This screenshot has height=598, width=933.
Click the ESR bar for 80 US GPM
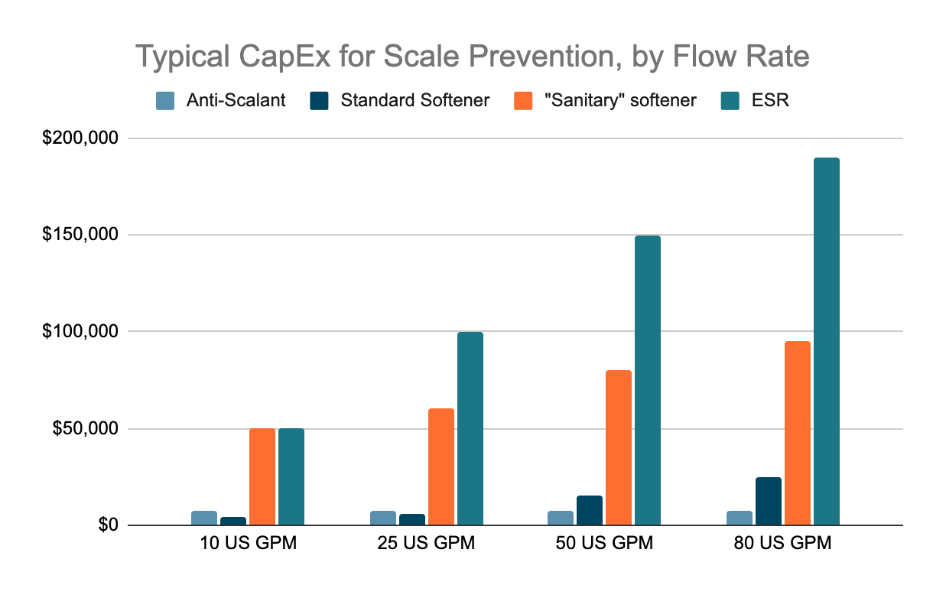[827, 342]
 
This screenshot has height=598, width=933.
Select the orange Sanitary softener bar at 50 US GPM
[619, 447]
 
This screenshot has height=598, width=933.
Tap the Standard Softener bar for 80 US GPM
[769, 502]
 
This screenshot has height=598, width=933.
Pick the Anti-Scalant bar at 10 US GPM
[204, 518]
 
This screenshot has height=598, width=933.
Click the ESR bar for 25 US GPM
[470, 428]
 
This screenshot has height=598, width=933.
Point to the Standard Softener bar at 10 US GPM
[233, 521]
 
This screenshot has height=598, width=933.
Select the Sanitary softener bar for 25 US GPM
[441, 466]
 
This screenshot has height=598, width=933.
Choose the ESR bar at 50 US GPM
[648, 380]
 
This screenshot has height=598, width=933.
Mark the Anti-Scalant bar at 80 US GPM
[740, 518]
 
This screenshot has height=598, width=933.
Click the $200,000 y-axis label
[80, 138]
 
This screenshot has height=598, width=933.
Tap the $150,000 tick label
[80, 234]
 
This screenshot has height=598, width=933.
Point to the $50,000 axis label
[85, 428]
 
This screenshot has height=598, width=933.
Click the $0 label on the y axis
[109, 525]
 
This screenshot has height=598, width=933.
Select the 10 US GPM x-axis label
[249, 543]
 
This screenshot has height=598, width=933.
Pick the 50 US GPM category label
[604, 543]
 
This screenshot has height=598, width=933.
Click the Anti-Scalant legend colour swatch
[165, 101]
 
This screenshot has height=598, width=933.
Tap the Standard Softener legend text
[414, 100]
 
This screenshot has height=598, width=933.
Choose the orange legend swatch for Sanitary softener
[523, 101]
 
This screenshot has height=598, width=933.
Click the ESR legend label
[770, 100]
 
